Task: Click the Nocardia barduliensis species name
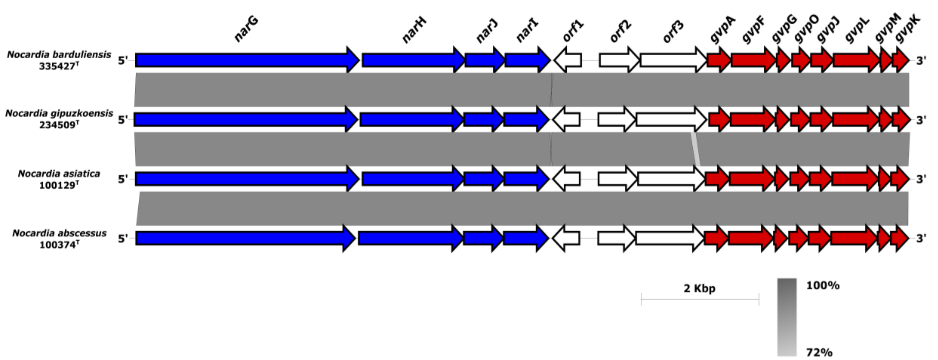(59, 55)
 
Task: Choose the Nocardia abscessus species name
(59, 233)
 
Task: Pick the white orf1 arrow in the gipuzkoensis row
(567, 119)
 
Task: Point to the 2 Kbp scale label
(699, 288)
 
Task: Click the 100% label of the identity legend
(823, 285)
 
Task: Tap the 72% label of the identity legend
(819, 352)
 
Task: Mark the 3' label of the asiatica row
(921, 179)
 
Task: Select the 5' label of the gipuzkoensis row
(123, 119)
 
